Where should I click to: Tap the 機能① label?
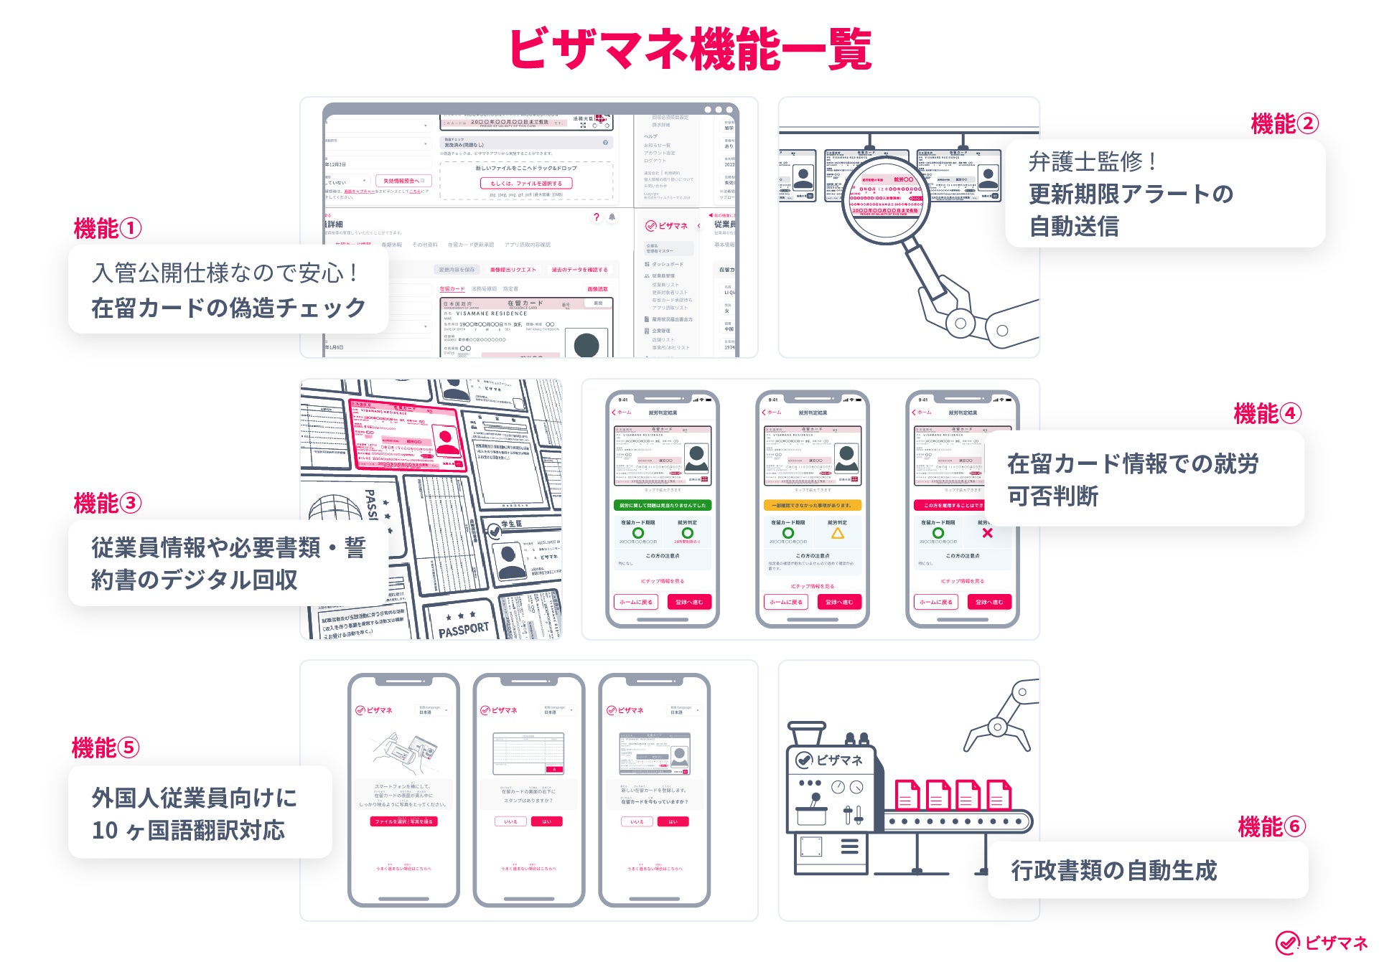[107, 229]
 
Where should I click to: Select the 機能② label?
[1284, 124]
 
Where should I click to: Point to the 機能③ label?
[107, 503]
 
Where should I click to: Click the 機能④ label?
[1267, 414]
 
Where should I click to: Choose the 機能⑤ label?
[105, 748]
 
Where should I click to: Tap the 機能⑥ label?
[1271, 827]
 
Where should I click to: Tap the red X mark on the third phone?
[987, 533]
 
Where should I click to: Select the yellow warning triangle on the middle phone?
[837, 534]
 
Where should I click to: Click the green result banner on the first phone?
[662, 505]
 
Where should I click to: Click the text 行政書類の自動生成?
[1113, 870]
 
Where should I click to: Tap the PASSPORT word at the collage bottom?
[463, 630]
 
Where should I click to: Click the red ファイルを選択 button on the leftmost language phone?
[403, 821]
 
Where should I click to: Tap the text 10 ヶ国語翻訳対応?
[188, 830]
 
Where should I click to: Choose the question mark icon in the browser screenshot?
[596, 217]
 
